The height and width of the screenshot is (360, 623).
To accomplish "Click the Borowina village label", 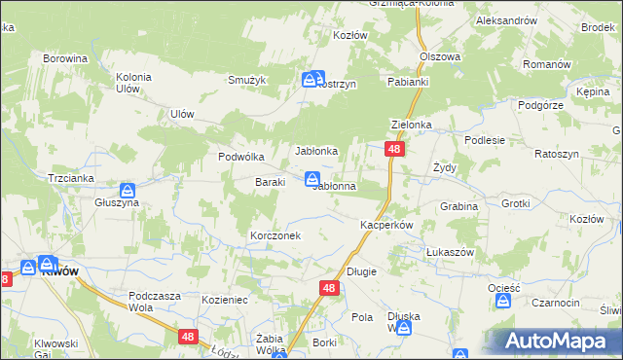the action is tap(65, 58).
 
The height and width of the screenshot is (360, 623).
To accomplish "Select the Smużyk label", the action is tap(246, 81).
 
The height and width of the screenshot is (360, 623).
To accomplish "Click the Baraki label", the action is tap(270, 182).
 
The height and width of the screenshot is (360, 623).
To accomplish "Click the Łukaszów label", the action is tap(450, 252).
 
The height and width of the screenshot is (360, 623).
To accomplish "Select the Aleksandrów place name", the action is tap(507, 20).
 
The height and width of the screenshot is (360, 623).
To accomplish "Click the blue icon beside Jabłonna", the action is tap(312, 178).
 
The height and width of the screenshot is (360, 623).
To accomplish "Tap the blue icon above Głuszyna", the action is tap(128, 190).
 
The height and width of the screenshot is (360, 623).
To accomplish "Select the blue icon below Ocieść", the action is tap(502, 302).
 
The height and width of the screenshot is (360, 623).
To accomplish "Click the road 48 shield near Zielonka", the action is tap(394, 149).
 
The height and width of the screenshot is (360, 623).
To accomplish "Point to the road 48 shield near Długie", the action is tap(329, 288).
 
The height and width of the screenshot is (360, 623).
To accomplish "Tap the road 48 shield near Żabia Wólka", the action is tap(189, 336).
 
